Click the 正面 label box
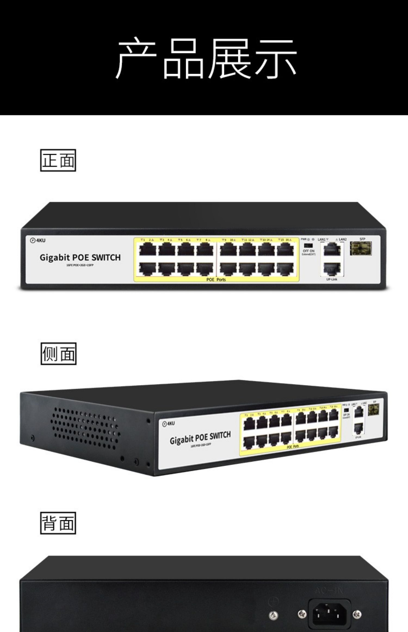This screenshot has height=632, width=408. tap(58, 160)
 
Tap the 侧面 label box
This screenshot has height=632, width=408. tap(58, 354)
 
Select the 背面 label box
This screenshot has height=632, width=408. tap(58, 523)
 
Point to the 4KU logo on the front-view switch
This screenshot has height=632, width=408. tap(38, 240)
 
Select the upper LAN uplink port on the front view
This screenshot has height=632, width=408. tap(332, 249)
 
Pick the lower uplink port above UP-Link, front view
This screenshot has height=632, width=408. tap(332, 269)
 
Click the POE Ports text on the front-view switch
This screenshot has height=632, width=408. tap(216, 280)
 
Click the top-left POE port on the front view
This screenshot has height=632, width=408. tap(147, 249)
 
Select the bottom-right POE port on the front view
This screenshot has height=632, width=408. tap(285, 268)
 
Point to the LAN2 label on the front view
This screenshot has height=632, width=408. tap(342, 239)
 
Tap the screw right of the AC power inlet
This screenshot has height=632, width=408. tap(357, 614)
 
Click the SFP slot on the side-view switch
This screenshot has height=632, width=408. tap(373, 410)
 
